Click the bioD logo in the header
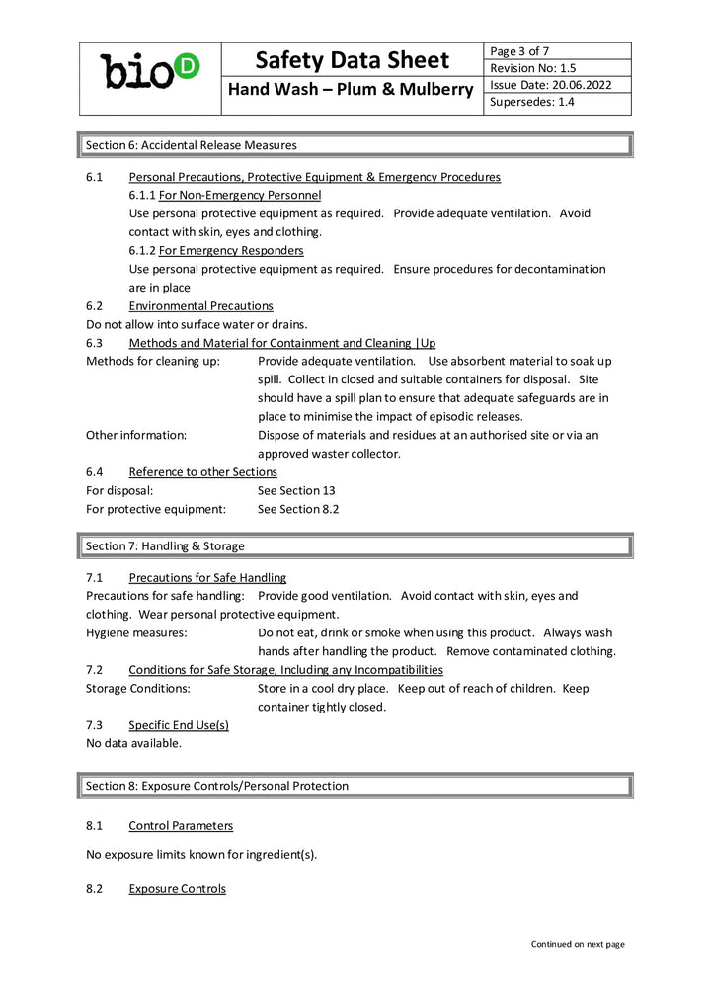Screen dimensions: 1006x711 pyautogui.click(x=150, y=70)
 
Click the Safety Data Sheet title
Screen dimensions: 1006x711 pyautogui.click(x=352, y=60)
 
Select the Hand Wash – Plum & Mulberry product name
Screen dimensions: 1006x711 pyautogui.click(x=352, y=90)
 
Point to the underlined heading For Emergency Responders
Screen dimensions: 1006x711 pyautogui.click(x=230, y=250)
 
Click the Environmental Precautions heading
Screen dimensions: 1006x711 pyautogui.click(x=200, y=306)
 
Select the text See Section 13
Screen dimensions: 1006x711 pyautogui.click(x=296, y=490)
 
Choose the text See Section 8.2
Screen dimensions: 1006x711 pyautogui.click(x=298, y=509)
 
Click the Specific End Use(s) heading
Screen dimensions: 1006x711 pyautogui.click(x=178, y=724)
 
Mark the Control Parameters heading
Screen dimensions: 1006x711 pyautogui.click(x=181, y=825)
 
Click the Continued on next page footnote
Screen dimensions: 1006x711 pyautogui.click(x=578, y=944)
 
